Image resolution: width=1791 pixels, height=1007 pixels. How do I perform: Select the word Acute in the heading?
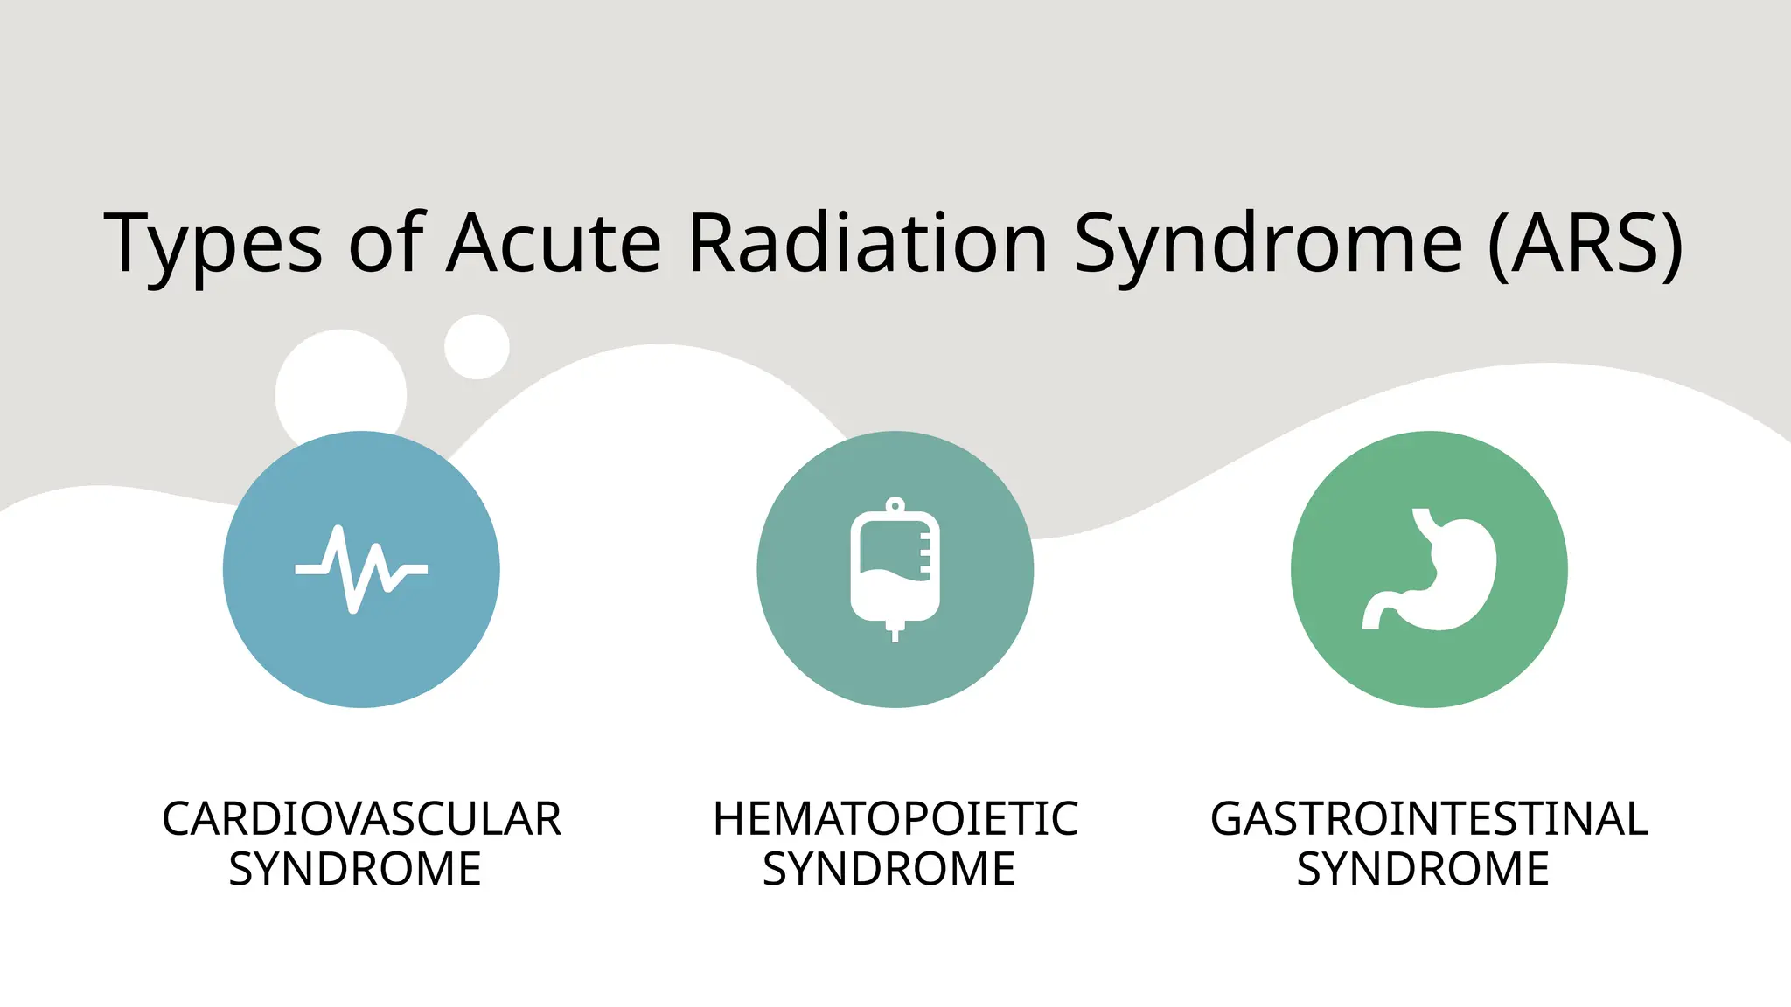pos(554,243)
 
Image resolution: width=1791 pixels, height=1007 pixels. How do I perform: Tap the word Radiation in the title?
pos(868,243)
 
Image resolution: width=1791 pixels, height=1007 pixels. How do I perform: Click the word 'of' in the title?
pos(386,243)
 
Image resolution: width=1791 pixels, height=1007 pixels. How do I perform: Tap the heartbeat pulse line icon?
pos(361,569)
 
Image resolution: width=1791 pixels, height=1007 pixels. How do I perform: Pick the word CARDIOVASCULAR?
pos(361,819)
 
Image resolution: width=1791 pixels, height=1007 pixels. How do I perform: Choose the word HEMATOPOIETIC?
pos(895,819)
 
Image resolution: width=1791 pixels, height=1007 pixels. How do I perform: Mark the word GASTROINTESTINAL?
pos(1429,819)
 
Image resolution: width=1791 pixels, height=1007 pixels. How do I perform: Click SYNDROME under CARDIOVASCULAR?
pos(355,869)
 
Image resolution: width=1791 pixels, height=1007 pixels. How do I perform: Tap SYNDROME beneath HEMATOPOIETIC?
pos(889,869)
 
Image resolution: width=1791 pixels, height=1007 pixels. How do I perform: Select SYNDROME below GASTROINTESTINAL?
pos(1423,869)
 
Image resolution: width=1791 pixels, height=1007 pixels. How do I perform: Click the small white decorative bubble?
pos(477,347)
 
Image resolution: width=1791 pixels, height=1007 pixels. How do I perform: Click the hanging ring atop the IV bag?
pos(895,505)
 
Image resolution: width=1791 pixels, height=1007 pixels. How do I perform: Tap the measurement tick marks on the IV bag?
pos(925,553)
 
